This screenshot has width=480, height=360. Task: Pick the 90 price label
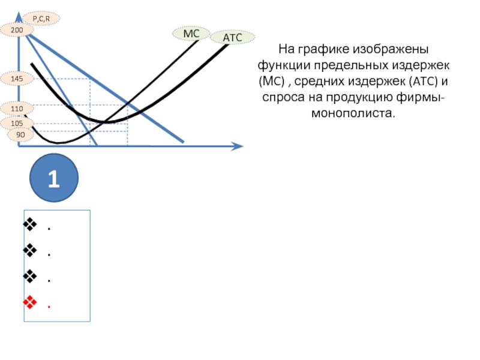pyautogui.click(x=20, y=135)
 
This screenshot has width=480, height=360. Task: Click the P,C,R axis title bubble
pyautogui.click(x=41, y=19)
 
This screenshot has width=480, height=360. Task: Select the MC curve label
pyautogui.click(x=191, y=34)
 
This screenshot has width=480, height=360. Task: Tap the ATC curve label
pyautogui.click(x=232, y=38)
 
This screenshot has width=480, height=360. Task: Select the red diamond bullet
pyautogui.click(x=29, y=302)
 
